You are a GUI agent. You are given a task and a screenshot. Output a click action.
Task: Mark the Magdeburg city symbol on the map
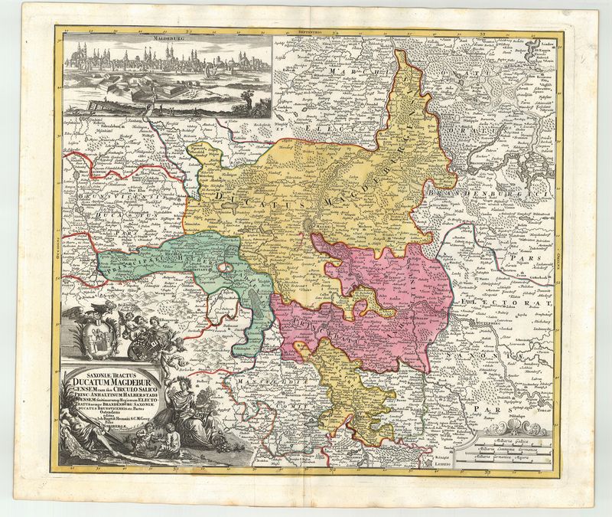(308, 224)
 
